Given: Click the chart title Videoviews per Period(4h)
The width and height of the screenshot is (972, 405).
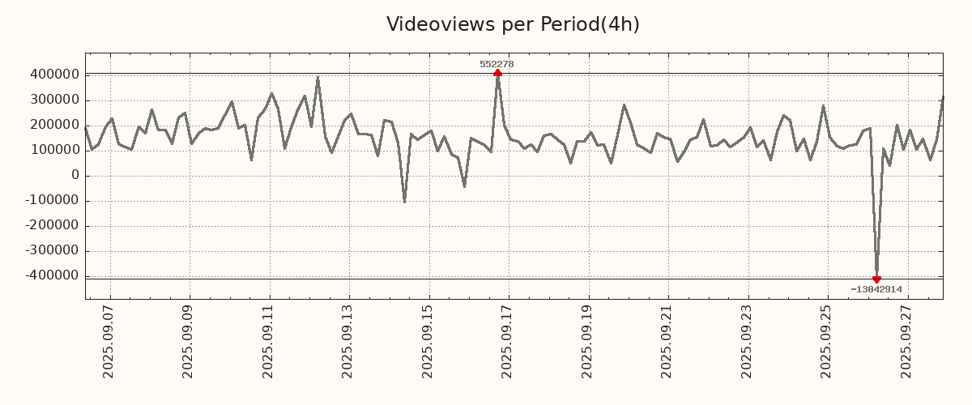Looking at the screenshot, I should (x=513, y=24).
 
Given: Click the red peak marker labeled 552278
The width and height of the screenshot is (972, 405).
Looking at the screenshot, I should (x=497, y=73).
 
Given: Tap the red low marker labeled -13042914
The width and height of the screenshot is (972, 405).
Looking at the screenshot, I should (x=876, y=279).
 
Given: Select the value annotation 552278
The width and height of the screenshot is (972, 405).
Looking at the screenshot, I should (x=497, y=64).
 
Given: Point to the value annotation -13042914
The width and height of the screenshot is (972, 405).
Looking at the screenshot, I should (x=876, y=289).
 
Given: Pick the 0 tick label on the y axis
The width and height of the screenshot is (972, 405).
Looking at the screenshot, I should (x=75, y=175).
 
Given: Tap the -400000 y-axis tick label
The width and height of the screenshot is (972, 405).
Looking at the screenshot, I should (x=51, y=275).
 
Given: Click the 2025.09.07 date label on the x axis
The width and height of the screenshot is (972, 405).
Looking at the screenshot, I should (x=110, y=341).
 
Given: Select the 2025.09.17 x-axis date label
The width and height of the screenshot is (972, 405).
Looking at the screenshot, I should (x=508, y=341).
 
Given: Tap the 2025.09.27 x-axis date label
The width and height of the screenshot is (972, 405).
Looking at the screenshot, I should (x=906, y=341).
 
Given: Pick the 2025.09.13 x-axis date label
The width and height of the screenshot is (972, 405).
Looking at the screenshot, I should (x=349, y=341).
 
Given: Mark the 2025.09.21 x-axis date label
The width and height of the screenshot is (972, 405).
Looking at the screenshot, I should (x=667, y=341).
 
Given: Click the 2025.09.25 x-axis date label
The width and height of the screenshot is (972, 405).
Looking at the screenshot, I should (x=827, y=341).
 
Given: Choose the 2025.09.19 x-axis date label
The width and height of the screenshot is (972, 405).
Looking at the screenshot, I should (x=588, y=341).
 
